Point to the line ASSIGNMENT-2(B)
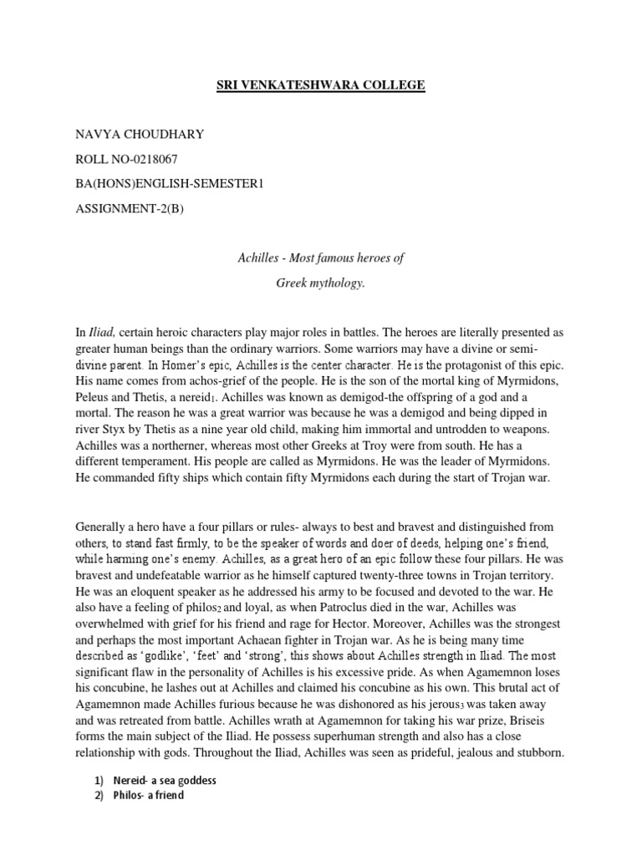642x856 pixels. click(129, 208)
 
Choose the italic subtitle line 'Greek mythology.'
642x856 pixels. click(321, 283)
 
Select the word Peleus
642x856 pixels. click(94, 396)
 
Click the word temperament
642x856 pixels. click(156, 459)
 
